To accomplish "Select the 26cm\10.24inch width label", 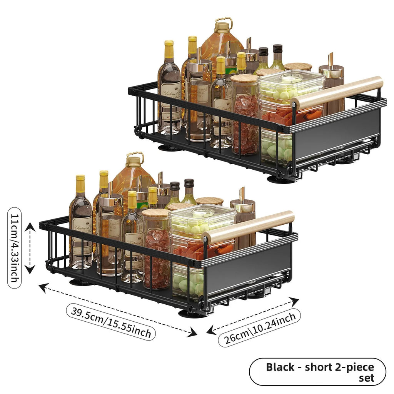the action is tap(259, 328).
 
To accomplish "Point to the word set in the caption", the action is tap(367, 378).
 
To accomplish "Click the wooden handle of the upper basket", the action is tap(337, 93).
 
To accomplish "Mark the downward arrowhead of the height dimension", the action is tap(30, 269).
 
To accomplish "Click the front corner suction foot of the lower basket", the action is tap(191, 313).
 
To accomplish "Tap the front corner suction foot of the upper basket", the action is tap(279, 179).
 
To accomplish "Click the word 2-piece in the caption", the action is tap(355, 367).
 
